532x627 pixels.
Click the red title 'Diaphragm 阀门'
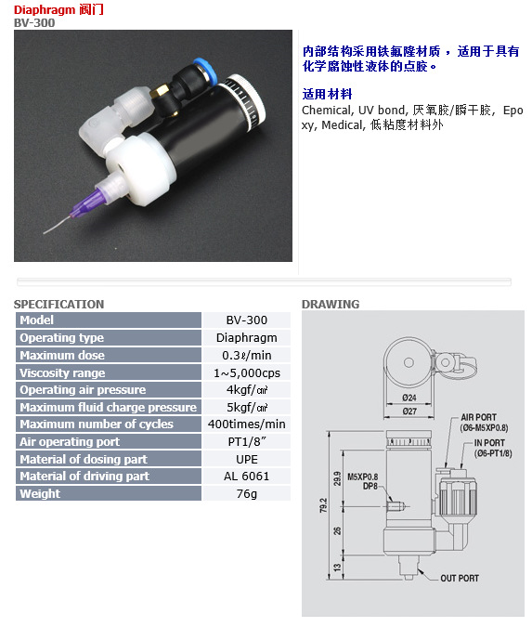click(58, 9)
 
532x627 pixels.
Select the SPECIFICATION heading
click(58, 305)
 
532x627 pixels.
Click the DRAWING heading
click(331, 305)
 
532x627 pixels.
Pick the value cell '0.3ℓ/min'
click(247, 355)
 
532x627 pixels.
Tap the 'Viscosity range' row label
click(62, 373)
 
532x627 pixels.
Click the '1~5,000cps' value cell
click(247, 373)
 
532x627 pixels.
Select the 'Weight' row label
click(40, 494)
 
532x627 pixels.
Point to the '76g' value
click(247, 494)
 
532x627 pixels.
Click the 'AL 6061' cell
click(247, 477)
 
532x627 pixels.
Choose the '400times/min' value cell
click(247, 424)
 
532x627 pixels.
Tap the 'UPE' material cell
click(247, 459)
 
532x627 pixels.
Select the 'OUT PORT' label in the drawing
click(460, 578)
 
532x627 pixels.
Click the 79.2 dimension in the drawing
click(323, 505)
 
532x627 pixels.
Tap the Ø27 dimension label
click(409, 411)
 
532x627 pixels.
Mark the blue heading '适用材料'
click(327, 94)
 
